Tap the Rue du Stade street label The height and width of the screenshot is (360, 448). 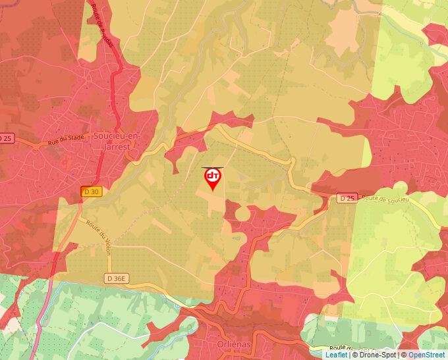point(67,139)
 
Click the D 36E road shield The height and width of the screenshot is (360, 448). point(115,278)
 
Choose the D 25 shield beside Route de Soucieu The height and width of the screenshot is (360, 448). point(347,197)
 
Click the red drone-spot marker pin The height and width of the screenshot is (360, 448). point(213,178)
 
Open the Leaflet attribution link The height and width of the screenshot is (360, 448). point(336,355)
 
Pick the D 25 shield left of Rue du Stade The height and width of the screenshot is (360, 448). point(5,138)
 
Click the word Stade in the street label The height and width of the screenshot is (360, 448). point(76,138)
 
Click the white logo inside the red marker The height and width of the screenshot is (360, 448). point(213,176)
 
